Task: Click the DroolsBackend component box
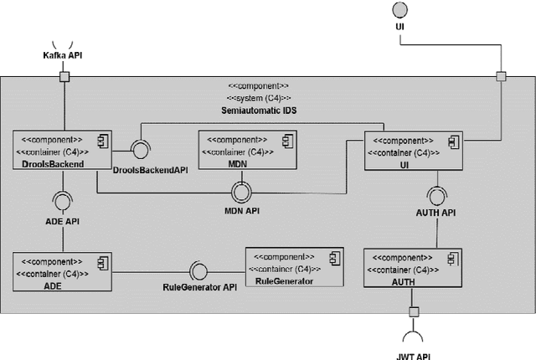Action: [x=62, y=151]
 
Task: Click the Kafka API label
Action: [x=62, y=54]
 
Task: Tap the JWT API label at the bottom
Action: [x=413, y=355]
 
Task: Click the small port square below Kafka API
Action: [x=63, y=78]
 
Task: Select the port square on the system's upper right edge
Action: [x=501, y=78]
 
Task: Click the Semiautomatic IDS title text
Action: [x=258, y=111]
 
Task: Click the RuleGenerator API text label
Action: [x=199, y=286]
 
